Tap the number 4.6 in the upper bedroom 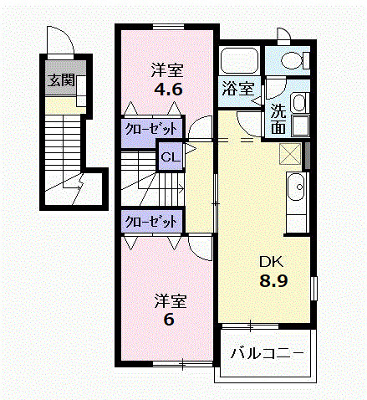pos(169,90)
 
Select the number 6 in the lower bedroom pos(169,320)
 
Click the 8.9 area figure pos(273,281)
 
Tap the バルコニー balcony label pos(267,353)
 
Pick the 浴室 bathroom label pos(238,89)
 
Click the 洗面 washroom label pos(278,119)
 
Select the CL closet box pos(171,157)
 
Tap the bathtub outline pos(239,61)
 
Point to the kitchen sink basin pos(296,187)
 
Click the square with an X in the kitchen pos(291,154)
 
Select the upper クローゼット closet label pos(151,129)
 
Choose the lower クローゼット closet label pos(151,222)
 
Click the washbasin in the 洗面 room pos(299,103)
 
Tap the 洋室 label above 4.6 pos(167,70)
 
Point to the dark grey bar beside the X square pos(308,156)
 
